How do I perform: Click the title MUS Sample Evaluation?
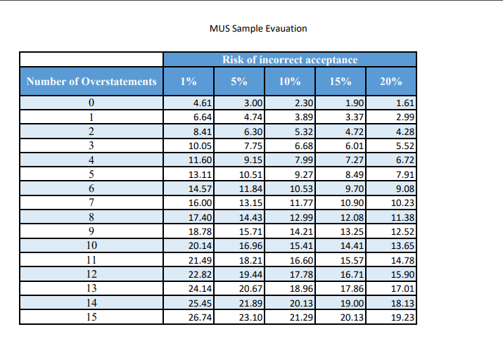tap(258, 29)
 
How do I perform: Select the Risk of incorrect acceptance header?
tap(290, 60)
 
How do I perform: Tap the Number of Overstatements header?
tap(91, 82)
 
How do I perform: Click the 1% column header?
tap(189, 82)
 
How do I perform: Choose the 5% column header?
tap(239, 82)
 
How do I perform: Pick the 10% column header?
tap(290, 82)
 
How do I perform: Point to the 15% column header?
tap(340, 82)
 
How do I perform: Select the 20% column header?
tap(391, 82)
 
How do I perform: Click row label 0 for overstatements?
tap(91, 103)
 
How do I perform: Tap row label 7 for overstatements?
tap(91, 202)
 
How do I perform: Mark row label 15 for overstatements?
tap(91, 316)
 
